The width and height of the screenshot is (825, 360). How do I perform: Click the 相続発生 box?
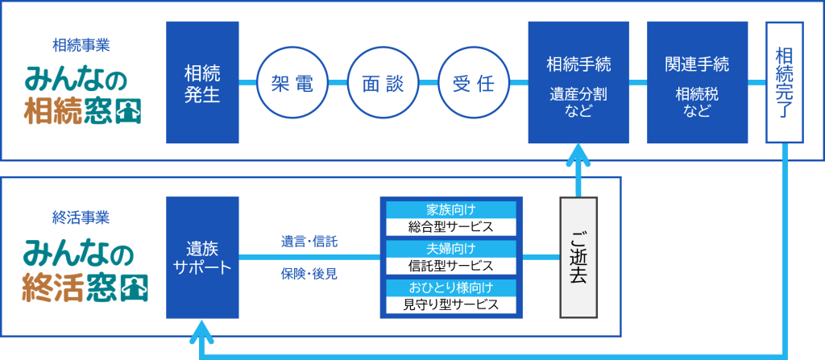[x=202, y=82]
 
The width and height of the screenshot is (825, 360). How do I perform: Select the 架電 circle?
[x=290, y=83]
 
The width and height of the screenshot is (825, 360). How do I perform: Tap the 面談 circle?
[x=382, y=83]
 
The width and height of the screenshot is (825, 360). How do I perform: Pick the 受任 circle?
[x=473, y=83]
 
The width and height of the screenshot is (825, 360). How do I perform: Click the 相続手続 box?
[x=578, y=82]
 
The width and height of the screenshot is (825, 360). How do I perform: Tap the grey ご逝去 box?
[x=578, y=257]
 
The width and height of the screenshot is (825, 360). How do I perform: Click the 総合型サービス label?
[x=451, y=226]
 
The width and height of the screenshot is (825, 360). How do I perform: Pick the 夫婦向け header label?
[x=451, y=248]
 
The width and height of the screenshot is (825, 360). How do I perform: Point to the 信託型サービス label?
[x=451, y=265]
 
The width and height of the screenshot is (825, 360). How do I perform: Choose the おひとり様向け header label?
[x=451, y=288]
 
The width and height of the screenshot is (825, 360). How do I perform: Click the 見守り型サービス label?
[x=451, y=304]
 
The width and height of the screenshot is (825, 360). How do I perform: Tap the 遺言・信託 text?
[x=309, y=240]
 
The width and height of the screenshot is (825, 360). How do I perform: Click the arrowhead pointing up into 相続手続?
[x=578, y=155]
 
